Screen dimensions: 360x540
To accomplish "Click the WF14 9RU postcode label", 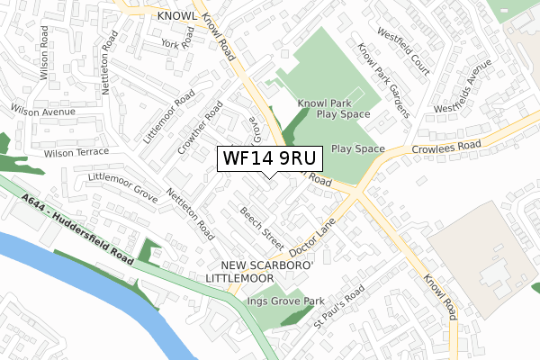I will (267, 158).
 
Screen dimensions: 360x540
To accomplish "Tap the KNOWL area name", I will (175, 16).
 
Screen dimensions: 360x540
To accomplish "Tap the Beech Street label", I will (261, 229).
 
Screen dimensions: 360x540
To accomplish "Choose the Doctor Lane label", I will (312, 233).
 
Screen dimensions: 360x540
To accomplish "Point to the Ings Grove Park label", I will (285, 301).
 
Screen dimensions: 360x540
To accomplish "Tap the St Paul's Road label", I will (337, 308).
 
